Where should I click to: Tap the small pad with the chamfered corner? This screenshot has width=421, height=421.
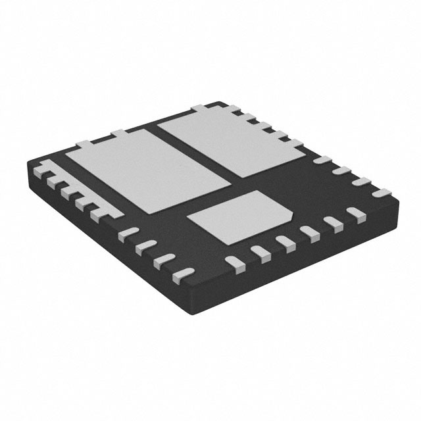coord(240,210)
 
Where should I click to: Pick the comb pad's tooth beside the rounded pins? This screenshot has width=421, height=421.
coord(99,212)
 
